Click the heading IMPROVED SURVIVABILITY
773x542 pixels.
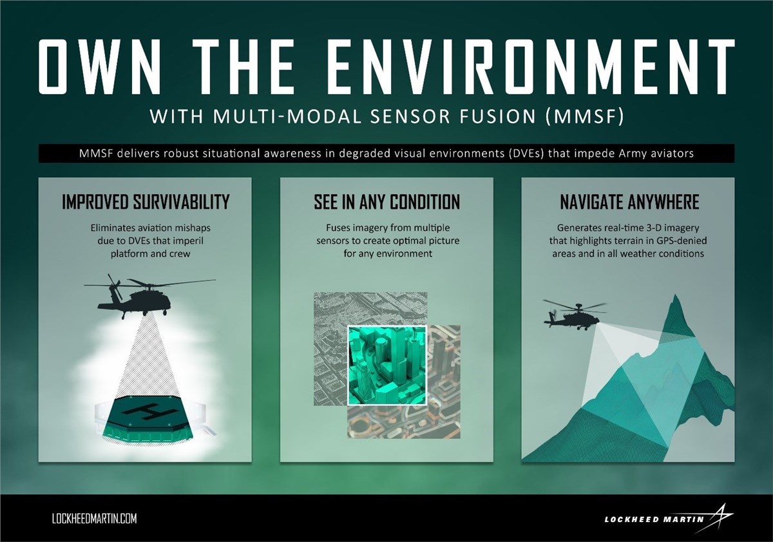point(146,202)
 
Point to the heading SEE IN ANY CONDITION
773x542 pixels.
point(386,202)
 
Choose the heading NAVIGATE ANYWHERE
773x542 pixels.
point(629,202)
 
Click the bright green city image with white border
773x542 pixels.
point(386,364)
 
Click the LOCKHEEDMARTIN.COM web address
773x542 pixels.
point(93,519)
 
